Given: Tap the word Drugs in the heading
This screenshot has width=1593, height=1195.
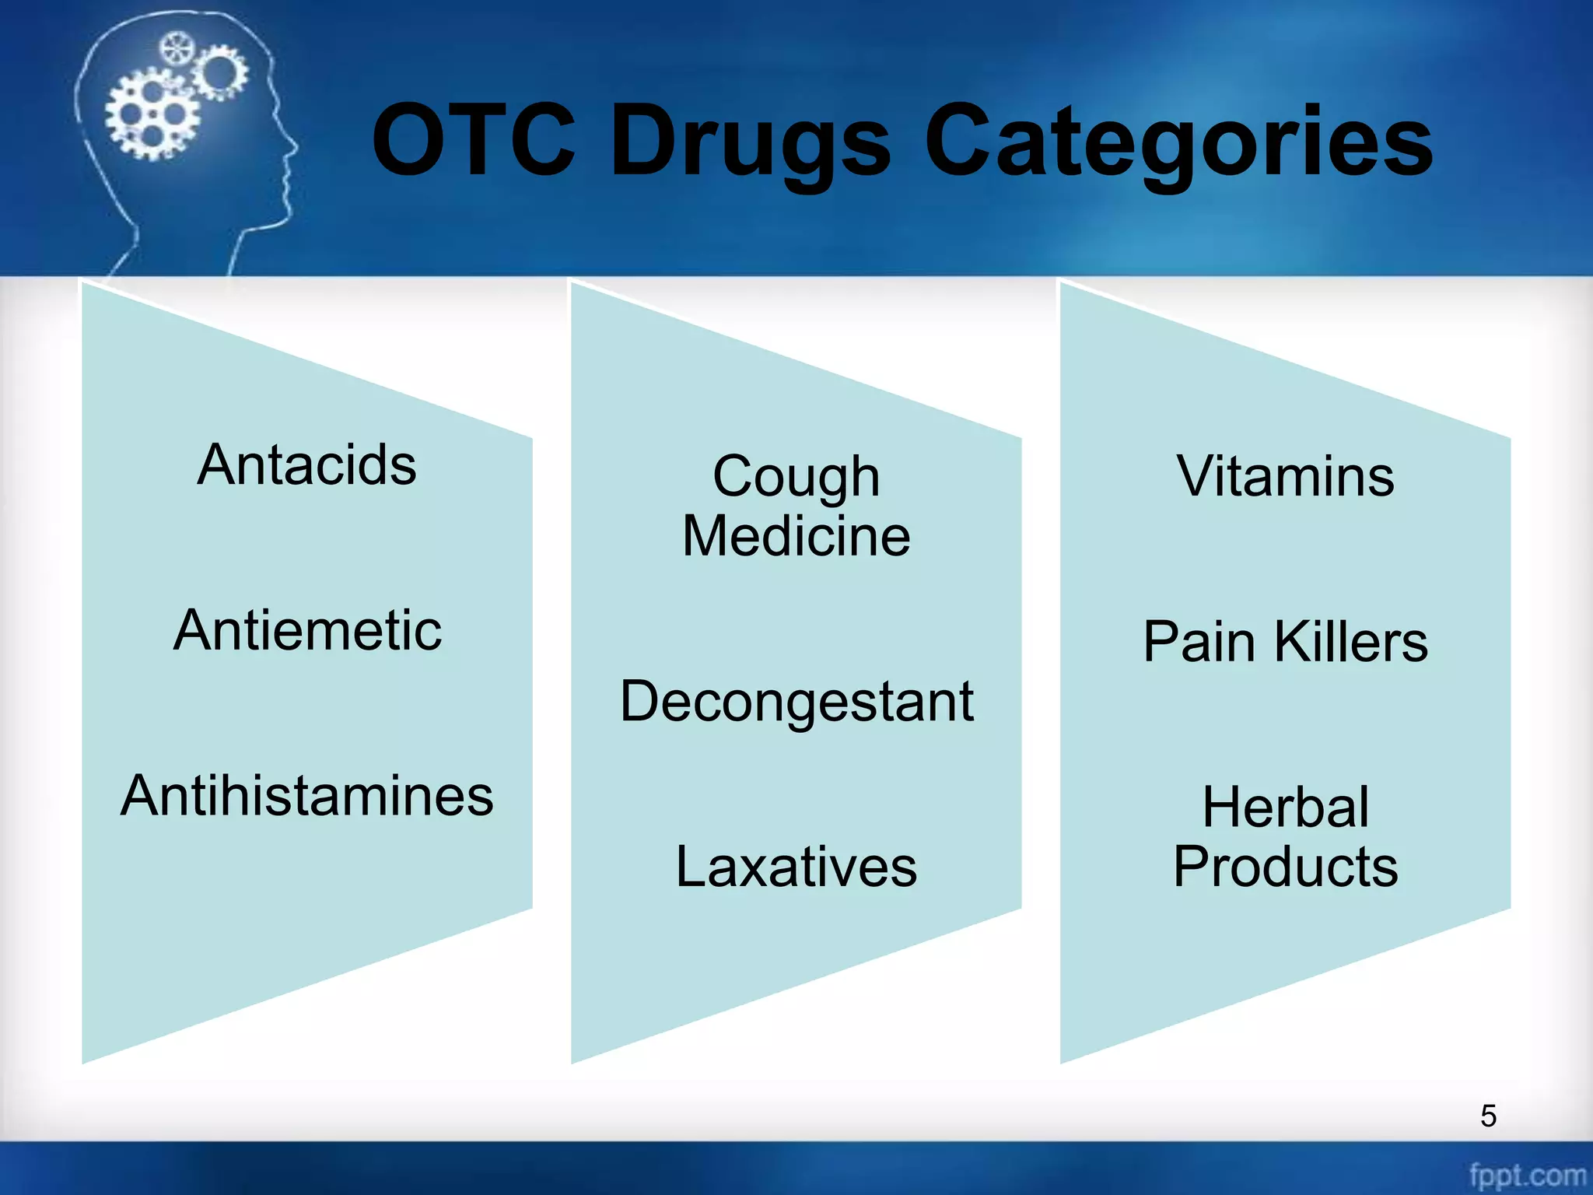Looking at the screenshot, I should click(x=750, y=144).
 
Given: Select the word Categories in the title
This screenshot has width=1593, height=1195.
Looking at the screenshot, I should click(x=1178, y=144).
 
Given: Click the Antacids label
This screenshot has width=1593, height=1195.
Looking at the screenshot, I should click(x=307, y=465).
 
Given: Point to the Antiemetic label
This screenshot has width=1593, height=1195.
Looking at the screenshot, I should click(x=308, y=630).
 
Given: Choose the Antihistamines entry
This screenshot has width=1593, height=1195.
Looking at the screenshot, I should click(x=307, y=796).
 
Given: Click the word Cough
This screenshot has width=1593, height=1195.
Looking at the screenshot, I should click(x=796, y=477).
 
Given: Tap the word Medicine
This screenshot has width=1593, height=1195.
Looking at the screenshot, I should click(x=796, y=536).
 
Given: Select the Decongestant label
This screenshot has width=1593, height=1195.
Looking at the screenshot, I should click(x=796, y=702).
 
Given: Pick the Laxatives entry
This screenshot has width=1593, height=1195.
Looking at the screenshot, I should click(x=796, y=867).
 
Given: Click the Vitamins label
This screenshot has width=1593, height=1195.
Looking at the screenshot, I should click(x=1286, y=476).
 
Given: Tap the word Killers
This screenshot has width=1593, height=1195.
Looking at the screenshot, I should click(x=1351, y=642).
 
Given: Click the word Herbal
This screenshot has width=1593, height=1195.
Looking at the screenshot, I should click(x=1286, y=808).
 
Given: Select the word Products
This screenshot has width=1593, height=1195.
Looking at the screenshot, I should click(x=1286, y=867).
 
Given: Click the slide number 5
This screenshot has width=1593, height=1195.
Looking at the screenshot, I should click(x=1488, y=1116).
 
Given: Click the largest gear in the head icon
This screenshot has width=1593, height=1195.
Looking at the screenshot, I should click(x=152, y=114).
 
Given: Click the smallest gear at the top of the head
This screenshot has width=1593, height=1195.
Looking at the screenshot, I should click(x=177, y=49).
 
